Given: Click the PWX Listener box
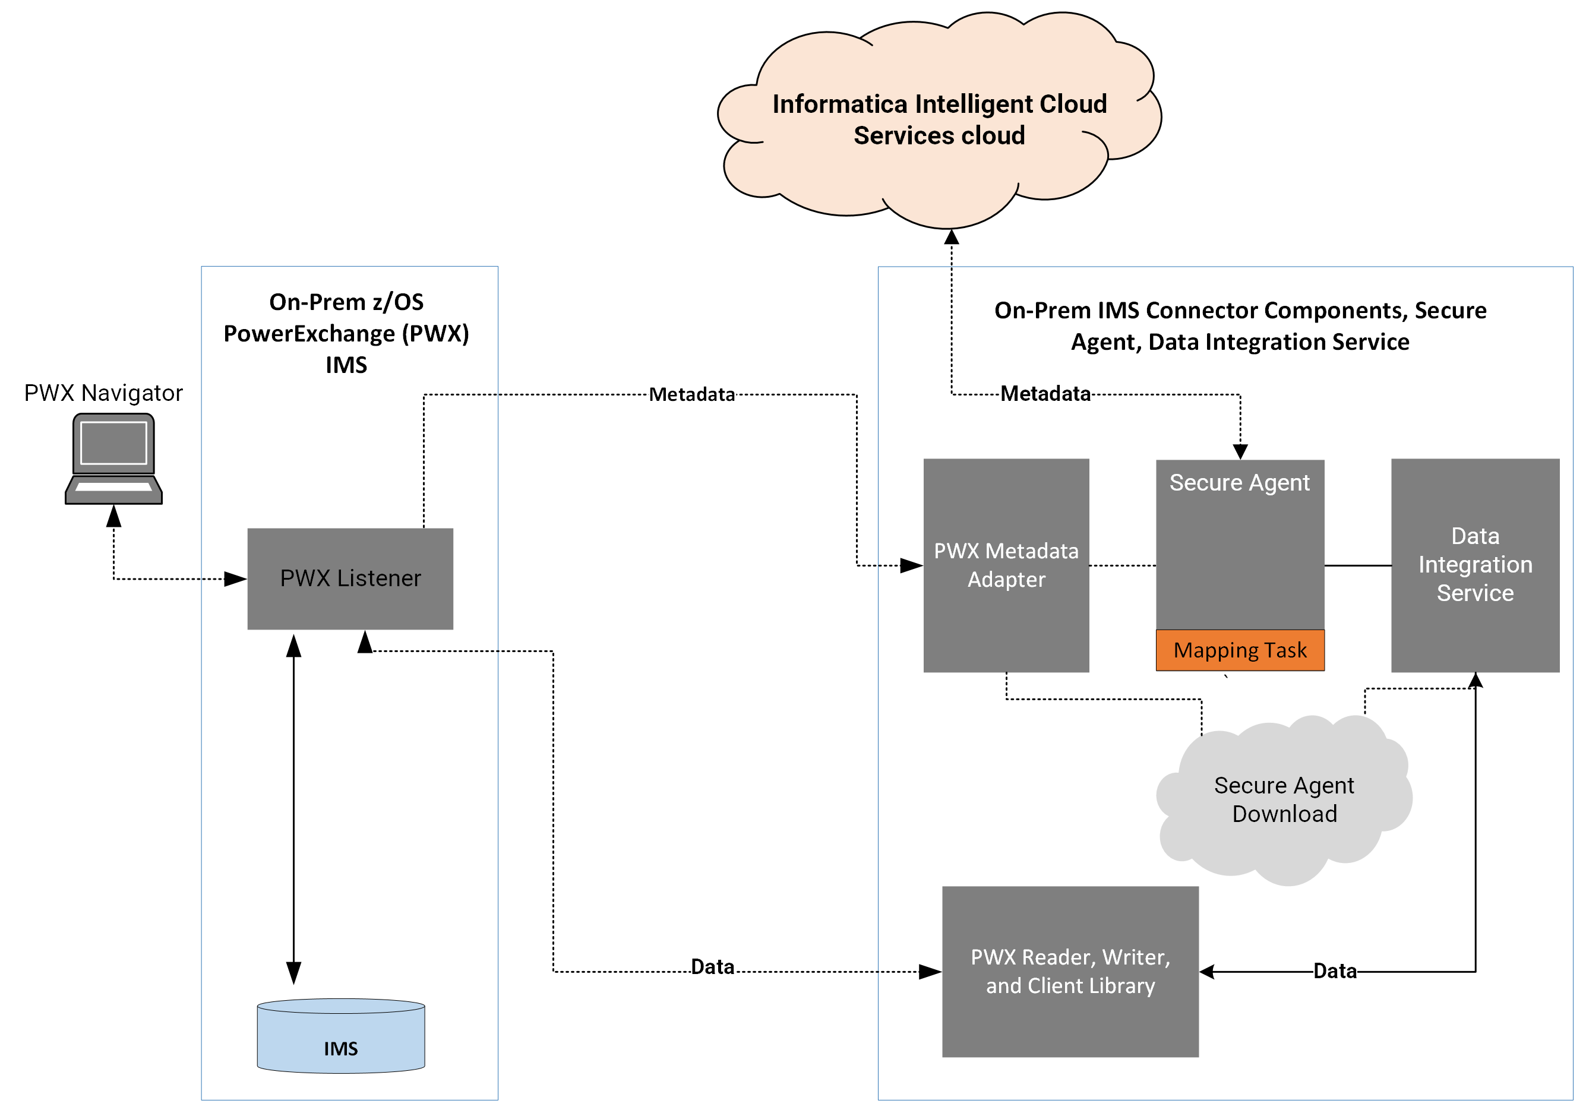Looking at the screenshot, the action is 350,578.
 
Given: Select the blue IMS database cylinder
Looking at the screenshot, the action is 341,1035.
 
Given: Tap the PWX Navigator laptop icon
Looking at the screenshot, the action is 114,459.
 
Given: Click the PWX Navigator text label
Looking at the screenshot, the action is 103,393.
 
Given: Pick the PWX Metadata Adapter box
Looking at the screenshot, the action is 1006,565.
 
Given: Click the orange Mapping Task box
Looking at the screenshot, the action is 1240,650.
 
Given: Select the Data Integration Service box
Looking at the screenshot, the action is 1476,565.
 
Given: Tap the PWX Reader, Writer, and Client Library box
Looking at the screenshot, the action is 1070,972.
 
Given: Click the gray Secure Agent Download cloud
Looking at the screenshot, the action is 1285,800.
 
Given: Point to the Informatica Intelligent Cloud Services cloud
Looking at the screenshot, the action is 940,119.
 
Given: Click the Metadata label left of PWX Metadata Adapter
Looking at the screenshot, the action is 691,394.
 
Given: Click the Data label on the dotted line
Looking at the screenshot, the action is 712,966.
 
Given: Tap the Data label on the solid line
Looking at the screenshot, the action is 1335,970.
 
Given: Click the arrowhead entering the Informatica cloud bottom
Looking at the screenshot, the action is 951,237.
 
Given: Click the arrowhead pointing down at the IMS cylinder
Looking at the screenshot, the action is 293,973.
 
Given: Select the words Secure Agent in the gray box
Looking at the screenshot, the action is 1239,483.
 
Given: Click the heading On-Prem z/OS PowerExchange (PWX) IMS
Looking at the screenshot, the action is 346,333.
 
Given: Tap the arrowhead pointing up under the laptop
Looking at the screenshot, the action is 114,516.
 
